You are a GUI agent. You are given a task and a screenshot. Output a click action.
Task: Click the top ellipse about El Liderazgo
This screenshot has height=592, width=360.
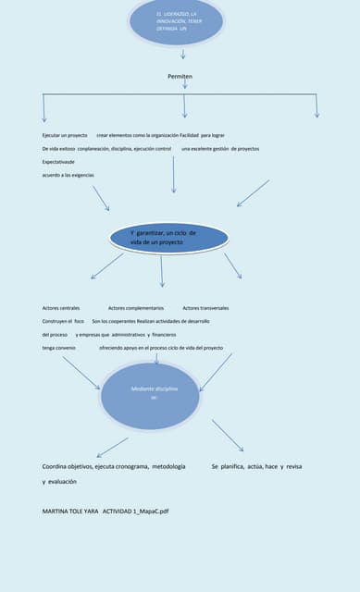(x=176, y=22)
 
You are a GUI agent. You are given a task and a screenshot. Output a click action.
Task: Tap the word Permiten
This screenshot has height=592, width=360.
(x=180, y=76)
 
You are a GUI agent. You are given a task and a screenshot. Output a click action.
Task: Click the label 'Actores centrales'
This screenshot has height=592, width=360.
(x=61, y=307)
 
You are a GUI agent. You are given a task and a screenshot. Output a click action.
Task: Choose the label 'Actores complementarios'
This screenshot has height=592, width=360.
(x=136, y=307)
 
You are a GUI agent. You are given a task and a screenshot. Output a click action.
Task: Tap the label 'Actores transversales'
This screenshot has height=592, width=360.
(x=205, y=307)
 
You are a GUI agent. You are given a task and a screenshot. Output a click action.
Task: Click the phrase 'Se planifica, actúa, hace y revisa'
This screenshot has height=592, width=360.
(x=256, y=466)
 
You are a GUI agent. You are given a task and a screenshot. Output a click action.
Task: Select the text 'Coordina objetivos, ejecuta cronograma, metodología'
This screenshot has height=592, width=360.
(x=114, y=466)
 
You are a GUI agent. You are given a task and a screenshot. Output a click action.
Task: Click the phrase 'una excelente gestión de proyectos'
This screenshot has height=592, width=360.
(x=220, y=148)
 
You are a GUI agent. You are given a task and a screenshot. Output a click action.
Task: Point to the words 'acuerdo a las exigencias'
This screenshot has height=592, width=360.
(x=68, y=175)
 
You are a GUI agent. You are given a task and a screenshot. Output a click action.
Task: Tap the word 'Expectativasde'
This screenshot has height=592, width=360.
(x=60, y=161)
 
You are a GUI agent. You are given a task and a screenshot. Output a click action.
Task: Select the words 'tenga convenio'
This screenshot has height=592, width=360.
(x=59, y=347)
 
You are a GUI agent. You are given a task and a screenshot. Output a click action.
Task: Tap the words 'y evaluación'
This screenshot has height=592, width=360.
(x=59, y=482)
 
